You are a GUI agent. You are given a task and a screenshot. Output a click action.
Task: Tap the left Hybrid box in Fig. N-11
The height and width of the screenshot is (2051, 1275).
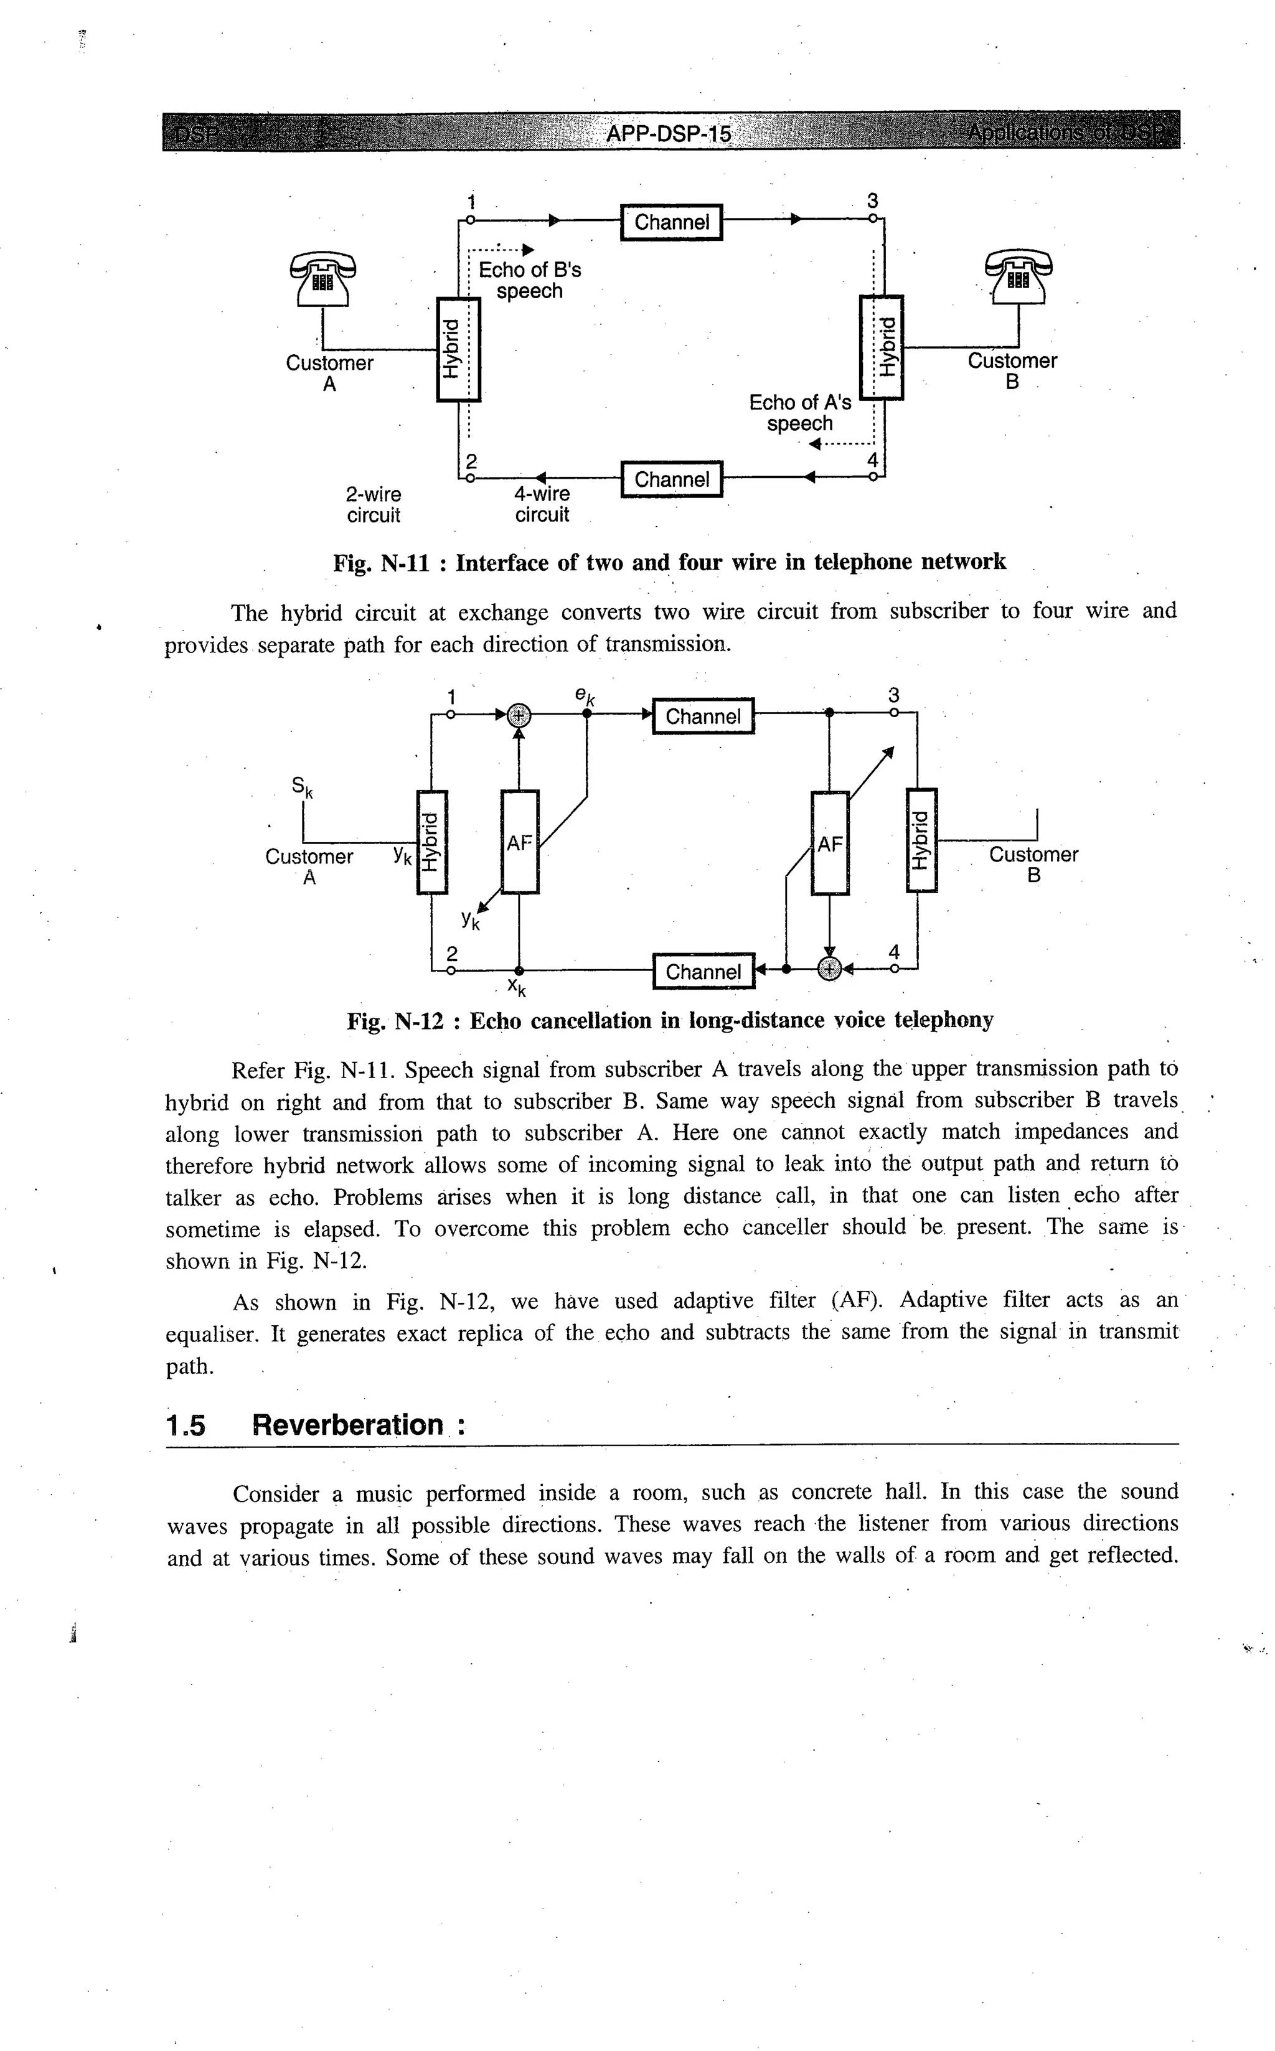458,349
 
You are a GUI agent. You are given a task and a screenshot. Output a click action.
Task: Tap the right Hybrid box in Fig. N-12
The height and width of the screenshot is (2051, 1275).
921,840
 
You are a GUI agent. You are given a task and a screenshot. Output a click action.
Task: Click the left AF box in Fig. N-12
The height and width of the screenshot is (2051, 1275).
519,842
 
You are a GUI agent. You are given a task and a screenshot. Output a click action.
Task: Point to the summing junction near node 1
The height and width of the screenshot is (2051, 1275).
519,715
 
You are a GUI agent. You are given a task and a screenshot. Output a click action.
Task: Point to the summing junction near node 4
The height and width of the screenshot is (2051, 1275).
830,969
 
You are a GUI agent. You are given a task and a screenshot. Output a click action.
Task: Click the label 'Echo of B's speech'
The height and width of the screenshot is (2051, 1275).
530,281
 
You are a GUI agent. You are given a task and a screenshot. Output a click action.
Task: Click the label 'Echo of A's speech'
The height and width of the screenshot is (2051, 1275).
800,413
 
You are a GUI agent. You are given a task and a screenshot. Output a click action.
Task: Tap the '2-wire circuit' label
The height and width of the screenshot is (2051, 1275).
374,504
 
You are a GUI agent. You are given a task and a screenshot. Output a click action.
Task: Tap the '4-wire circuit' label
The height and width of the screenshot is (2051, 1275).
542,504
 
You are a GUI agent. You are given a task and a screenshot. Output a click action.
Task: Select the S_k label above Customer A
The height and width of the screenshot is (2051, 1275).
302,787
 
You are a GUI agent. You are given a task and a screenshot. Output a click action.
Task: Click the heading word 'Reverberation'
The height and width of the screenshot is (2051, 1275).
347,1425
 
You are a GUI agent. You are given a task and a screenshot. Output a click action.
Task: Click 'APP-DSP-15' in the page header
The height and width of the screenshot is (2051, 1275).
669,134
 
